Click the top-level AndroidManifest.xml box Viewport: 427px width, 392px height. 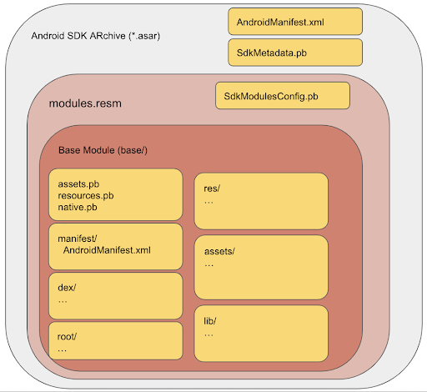click(x=295, y=22)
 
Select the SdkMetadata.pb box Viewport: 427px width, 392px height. click(x=295, y=53)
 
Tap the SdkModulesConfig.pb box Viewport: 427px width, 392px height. click(x=283, y=96)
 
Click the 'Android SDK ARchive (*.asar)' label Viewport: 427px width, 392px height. click(x=96, y=36)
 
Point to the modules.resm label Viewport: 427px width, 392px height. click(x=85, y=103)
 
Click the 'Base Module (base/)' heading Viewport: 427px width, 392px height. click(x=103, y=150)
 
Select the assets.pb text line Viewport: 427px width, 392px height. click(x=78, y=184)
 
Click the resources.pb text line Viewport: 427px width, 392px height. click(x=86, y=196)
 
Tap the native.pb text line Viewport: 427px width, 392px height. click(x=78, y=208)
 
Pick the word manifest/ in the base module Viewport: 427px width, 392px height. click(x=78, y=239)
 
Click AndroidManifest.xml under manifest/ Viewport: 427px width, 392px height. click(x=107, y=250)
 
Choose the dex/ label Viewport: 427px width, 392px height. click(x=67, y=288)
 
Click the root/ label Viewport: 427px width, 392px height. click(x=67, y=337)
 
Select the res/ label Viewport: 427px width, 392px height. click(x=212, y=188)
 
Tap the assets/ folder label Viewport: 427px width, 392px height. click(x=219, y=251)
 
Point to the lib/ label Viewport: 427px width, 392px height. click(x=210, y=321)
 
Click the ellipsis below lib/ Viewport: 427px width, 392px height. click(x=208, y=335)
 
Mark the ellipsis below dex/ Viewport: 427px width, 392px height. click(x=63, y=302)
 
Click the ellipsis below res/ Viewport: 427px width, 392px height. click(x=208, y=203)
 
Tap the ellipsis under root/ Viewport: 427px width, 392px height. click(x=62, y=351)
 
